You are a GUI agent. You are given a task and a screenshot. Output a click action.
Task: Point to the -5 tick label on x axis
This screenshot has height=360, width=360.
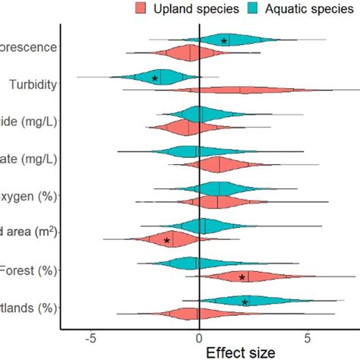[x=90, y=338]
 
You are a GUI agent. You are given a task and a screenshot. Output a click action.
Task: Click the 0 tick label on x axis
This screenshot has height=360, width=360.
[x=199, y=338]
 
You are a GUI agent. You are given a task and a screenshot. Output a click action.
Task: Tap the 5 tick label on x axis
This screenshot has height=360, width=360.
[x=308, y=338]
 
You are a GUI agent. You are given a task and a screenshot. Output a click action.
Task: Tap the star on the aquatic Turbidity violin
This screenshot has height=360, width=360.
[x=155, y=78]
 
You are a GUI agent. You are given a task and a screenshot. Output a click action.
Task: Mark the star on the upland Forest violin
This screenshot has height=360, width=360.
[x=242, y=278]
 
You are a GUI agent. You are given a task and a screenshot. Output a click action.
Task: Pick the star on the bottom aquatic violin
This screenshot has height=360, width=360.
[x=245, y=302]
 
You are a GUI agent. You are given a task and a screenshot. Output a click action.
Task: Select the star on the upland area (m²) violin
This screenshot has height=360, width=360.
[x=168, y=241]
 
